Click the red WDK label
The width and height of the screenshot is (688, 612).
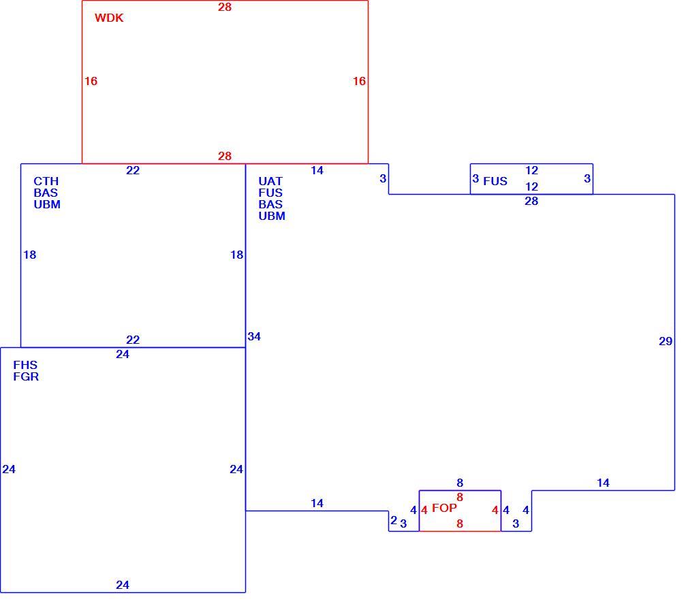(109, 18)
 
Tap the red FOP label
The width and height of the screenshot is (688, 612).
(444, 508)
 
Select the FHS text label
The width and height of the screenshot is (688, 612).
(25, 365)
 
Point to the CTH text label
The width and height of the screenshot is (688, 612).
(46, 182)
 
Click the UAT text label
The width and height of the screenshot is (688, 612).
(270, 182)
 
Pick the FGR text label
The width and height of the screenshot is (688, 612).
(26, 376)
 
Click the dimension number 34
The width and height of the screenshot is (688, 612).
(254, 337)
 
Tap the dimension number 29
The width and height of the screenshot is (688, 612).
(666, 342)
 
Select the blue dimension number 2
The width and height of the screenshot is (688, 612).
(394, 520)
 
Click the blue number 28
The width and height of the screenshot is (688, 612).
(531, 202)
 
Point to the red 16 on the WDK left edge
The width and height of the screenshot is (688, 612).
(91, 81)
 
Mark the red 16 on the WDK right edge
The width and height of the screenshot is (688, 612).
(359, 81)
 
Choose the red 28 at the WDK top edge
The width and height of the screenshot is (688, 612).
(225, 7)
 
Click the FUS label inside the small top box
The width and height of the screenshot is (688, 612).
(495, 182)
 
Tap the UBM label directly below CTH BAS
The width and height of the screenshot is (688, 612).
(47, 205)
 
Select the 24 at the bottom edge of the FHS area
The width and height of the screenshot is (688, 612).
(123, 585)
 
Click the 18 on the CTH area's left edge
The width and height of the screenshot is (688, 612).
(29, 255)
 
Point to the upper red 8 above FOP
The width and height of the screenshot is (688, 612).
(460, 497)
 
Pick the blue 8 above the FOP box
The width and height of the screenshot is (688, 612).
(460, 483)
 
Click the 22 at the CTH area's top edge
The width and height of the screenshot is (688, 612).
(133, 171)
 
